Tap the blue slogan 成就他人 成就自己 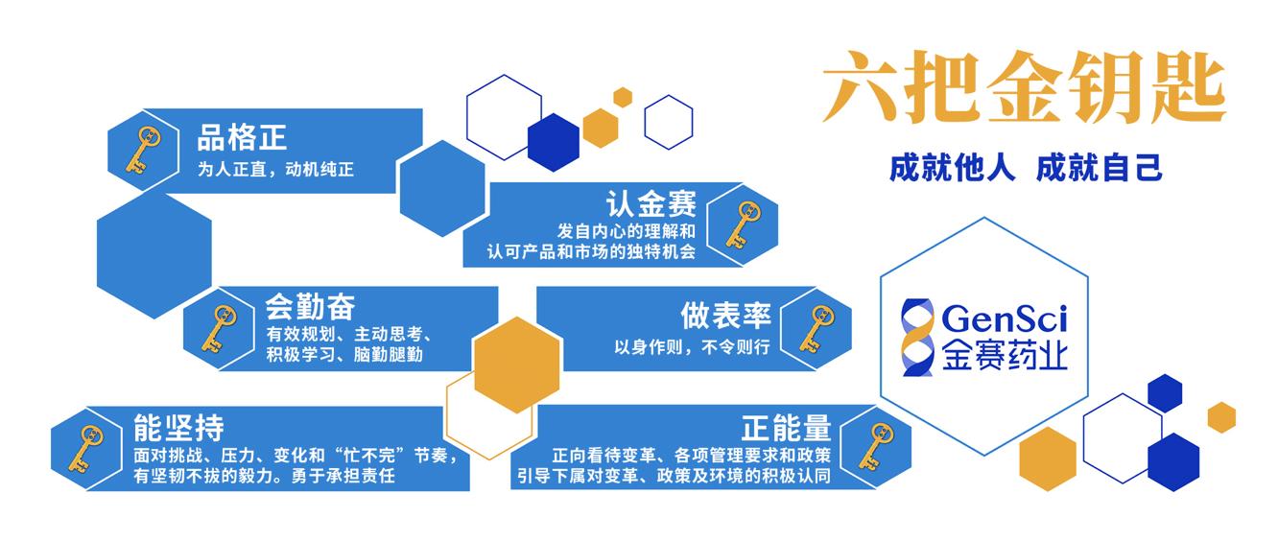[1026, 168]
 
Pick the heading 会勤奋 [310, 307]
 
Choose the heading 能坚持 [179, 427]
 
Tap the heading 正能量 [786, 426]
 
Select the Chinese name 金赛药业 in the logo [1004, 355]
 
